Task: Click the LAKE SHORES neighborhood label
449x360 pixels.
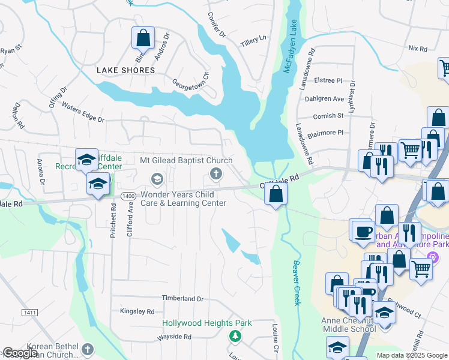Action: [126, 70]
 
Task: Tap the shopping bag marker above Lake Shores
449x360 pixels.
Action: [143, 38]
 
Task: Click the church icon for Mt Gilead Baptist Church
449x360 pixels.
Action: [215, 174]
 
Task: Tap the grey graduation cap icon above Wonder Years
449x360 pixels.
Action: [157, 178]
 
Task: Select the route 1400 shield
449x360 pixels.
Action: [127, 196]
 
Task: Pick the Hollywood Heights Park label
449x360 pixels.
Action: [207, 323]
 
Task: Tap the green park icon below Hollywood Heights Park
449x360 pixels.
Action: [235, 337]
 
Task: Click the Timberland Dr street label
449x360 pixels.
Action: [183, 298]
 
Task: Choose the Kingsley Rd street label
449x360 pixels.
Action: [137, 311]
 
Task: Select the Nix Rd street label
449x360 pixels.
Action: [417, 48]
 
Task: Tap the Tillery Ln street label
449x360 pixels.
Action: [253, 41]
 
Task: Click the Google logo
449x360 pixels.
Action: [20, 353]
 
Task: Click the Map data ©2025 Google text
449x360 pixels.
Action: [411, 355]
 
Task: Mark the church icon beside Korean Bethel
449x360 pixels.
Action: [88, 349]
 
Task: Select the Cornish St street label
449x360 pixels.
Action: [328, 116]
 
